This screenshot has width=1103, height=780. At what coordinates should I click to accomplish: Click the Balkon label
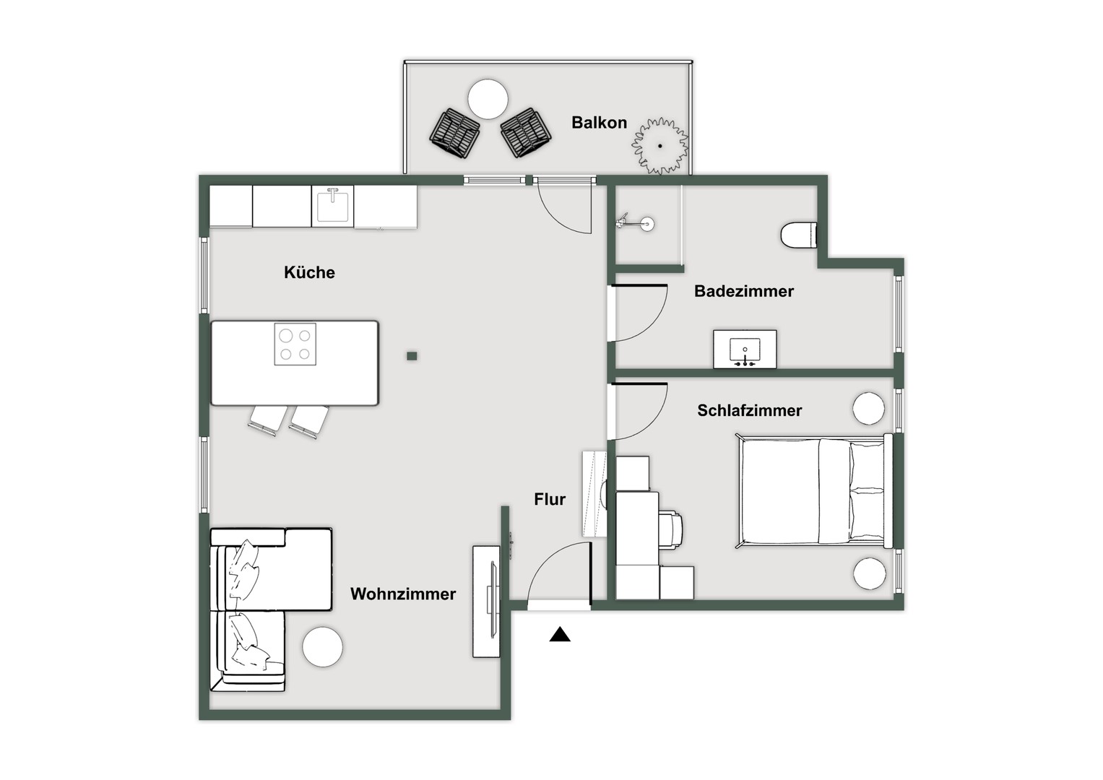tap(599, 123)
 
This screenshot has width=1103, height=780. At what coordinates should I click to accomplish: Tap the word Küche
tap(309, 272)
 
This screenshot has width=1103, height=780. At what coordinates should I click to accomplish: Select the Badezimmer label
tap(743, 291)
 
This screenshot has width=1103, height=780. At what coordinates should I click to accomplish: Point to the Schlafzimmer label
tap(749, 410)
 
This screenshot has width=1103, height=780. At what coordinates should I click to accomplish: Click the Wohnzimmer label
tap(403, 594)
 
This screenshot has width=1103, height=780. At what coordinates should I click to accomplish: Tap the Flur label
tap(550, 499)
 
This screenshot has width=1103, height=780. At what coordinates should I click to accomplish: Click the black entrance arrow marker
tap(560, 635)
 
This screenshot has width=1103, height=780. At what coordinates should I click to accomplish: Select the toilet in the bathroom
tap(798, 235)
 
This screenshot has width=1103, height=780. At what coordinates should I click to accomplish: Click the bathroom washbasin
tap(745, 350)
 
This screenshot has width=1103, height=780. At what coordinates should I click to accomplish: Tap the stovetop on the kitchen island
tap(295, 344)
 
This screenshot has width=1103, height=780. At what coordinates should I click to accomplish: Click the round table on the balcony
tap(488, 99)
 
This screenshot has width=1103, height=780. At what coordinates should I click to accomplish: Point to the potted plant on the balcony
tap(659, 146)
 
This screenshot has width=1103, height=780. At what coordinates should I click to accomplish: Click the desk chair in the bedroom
tap(672, 529)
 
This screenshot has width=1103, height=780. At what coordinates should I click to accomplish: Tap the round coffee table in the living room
tap(322, 647)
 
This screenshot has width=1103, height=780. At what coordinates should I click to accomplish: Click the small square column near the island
tap(412, 356)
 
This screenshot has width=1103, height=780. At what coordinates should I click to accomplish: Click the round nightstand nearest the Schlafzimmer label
tap(868, 409)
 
